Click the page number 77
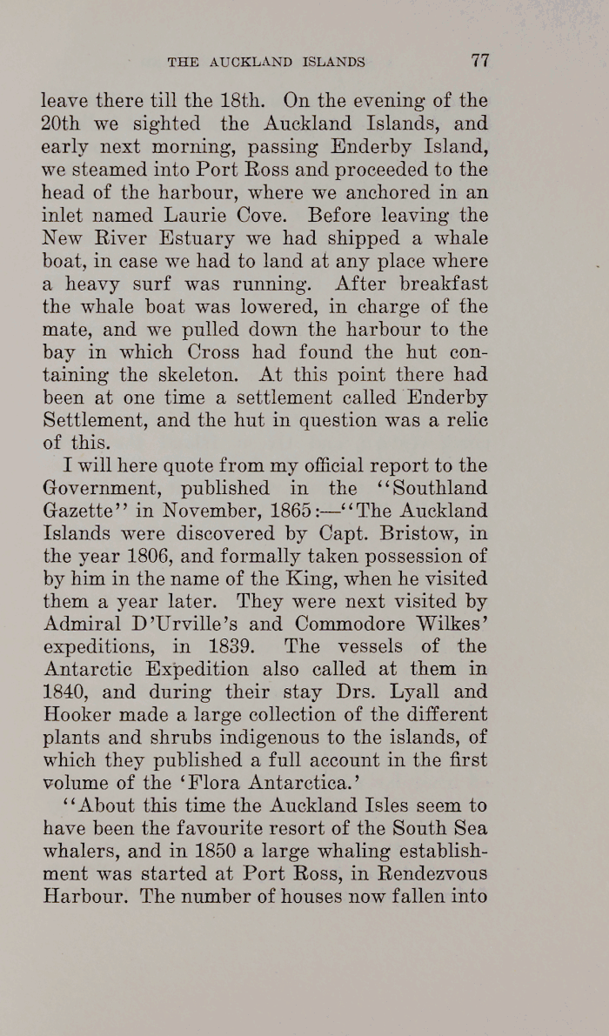pyautogui.click(x=480, y=61)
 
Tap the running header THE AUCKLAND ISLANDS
pyautogui.click(x=265, y=62)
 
